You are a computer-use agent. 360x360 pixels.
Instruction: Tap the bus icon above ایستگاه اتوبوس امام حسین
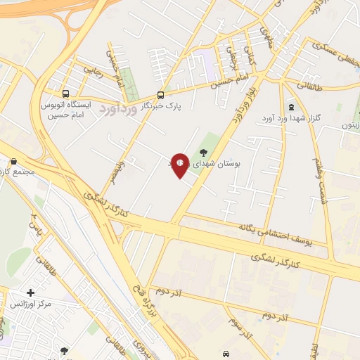65,94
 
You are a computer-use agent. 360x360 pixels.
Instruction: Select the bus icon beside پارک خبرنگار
161,95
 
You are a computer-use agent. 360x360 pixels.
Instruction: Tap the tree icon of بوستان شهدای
204,153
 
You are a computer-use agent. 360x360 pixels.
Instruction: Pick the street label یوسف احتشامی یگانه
240,236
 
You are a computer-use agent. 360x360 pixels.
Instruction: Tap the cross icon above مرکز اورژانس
30,292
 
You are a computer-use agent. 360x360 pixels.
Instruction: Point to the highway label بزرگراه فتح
141,316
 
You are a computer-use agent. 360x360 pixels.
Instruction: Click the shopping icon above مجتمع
13,162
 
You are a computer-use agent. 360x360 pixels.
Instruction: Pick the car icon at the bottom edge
225,354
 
